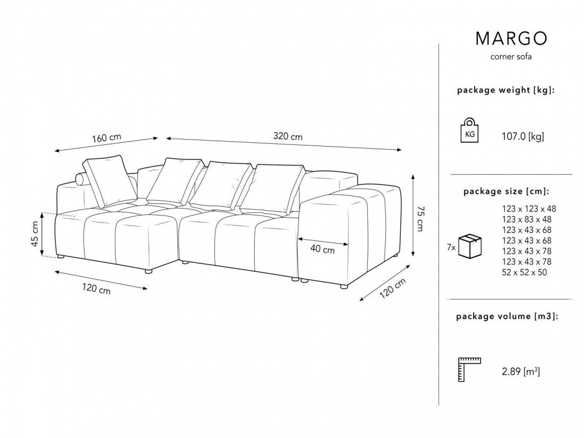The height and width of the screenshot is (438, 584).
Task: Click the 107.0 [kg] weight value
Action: [x=523, y=136]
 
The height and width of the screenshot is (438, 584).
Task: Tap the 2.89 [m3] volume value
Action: [x=521, y=372]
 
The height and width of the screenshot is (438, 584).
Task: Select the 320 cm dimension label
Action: [x=288, y=136]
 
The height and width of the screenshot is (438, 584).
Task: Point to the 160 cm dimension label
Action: [x=107, y=138]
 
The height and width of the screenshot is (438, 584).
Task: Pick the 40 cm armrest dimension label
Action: [x=322, y=249]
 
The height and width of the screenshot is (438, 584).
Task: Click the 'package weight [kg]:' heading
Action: [x=506, y=90]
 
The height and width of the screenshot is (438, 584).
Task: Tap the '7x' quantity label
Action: [x=451, y=247]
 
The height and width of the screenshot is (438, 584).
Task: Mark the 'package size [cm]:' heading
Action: [x=506, y=191]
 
